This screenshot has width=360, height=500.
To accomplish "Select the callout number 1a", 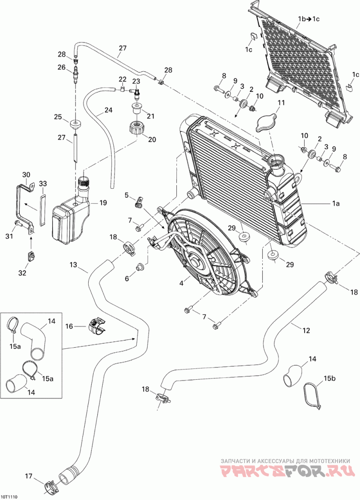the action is point(335,203).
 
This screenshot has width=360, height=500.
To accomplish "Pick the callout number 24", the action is point(108,110).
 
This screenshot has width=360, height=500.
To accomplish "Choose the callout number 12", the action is point(306,330).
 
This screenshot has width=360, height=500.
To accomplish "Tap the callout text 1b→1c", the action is point(309,19).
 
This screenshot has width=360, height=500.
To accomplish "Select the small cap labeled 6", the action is point(139,267).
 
